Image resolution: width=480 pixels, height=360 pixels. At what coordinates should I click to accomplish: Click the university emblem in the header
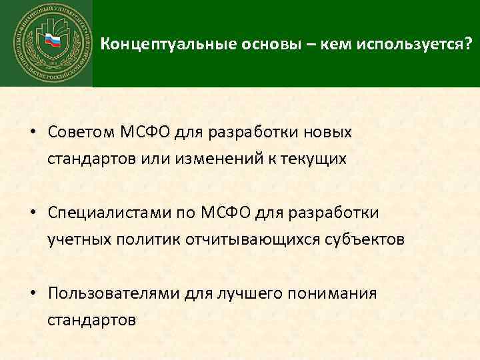[x=46, y=43]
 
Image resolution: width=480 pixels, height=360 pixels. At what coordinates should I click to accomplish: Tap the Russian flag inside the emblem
[x=51, y=42]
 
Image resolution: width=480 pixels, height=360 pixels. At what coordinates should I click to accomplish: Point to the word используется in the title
[x=412, y=45]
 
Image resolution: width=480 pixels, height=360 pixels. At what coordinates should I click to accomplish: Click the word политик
[x=137, y=239]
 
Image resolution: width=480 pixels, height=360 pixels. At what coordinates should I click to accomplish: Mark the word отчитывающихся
[x=239, y=239]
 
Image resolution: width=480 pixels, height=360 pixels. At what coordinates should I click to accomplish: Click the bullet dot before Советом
[x=32, y=132]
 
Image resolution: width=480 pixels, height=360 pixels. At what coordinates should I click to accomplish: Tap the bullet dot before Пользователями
[x=32, y=293]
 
